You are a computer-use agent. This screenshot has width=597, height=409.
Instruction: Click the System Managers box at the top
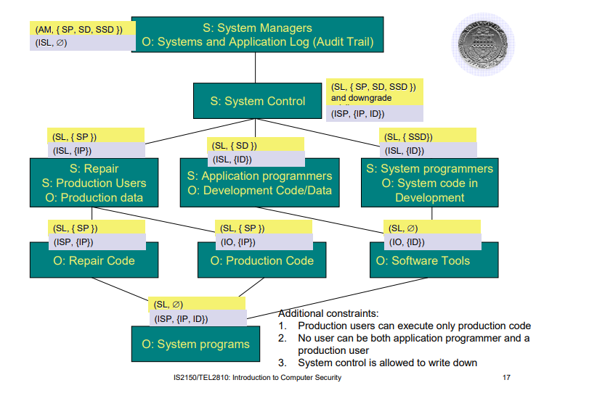(258, 36)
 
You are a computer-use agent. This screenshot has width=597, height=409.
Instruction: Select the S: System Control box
(257, 102)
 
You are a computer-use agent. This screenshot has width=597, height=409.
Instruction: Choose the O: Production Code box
(261, 260)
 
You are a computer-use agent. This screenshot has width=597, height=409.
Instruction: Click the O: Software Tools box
(433, 260)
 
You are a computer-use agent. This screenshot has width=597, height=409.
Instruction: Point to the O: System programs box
(195, 344)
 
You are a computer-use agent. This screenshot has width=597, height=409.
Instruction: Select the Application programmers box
(259, 183)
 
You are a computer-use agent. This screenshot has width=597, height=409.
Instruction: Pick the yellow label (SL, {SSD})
(408, 136)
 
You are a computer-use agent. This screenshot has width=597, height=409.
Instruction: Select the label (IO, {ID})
(407, 242)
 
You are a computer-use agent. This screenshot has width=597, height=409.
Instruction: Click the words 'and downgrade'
(362, 98)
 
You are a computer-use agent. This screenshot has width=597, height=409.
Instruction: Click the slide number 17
(506, 378)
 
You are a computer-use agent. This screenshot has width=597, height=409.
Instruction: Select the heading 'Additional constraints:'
(328, 313)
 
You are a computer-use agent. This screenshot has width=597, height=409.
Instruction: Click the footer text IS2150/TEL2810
(257, 378)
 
